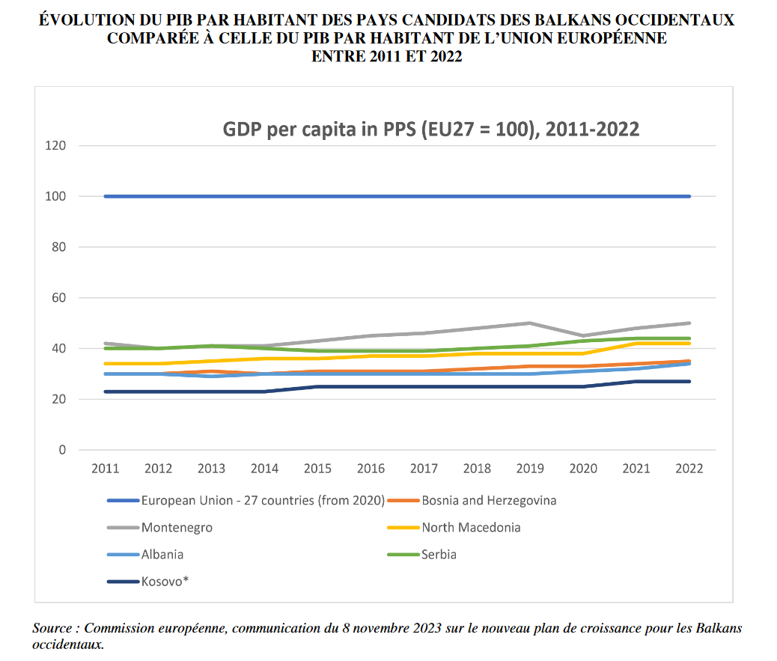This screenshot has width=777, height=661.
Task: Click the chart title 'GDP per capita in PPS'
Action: tap(430, 130)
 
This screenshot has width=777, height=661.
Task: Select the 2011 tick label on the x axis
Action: tap(106, 469)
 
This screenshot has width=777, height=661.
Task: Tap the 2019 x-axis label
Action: tap(530, 469)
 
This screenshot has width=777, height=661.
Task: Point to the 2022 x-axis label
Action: tap(689, 469)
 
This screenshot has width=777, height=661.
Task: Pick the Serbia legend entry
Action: tap(439, 555)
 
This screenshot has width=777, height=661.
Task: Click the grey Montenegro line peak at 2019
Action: tap(530, 323)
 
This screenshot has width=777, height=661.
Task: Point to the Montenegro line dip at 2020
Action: tap(583, 335)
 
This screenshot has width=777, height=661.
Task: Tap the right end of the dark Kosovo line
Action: tap(689, 381)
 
